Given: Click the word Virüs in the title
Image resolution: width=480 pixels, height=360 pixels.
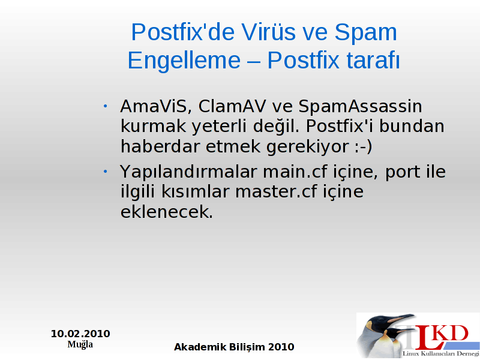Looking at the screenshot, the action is (x=268, y=32).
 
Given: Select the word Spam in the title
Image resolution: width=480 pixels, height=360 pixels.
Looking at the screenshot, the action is (x=365, y=32).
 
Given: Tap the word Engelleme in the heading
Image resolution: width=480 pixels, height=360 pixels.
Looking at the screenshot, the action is (x=184, y=61).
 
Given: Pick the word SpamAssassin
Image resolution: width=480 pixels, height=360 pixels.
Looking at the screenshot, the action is (x=360, y=107).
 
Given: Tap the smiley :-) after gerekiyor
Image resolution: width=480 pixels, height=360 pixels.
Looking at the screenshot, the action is (x=364, y=146).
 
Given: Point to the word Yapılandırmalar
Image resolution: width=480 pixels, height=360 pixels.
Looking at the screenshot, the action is (x=188, y=172).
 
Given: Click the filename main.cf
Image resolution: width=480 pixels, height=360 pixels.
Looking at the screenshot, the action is (x=295, y=172).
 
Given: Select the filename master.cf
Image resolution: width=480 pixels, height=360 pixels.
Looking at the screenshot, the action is (x=276, y=192).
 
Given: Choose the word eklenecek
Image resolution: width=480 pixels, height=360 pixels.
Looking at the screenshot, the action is (x=167, y=212).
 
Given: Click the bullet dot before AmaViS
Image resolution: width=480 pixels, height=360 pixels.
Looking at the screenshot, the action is (x=105, y=106).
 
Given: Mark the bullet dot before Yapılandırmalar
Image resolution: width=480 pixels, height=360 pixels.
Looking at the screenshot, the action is (x=105, y=172).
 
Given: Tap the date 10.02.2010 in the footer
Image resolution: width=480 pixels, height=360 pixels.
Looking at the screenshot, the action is (x=80, y=334).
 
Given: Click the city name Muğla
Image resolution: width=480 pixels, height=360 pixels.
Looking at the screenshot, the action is (x=80, y=344).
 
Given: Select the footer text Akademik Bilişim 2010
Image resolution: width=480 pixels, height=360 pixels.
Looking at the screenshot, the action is (x=234, y=347).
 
